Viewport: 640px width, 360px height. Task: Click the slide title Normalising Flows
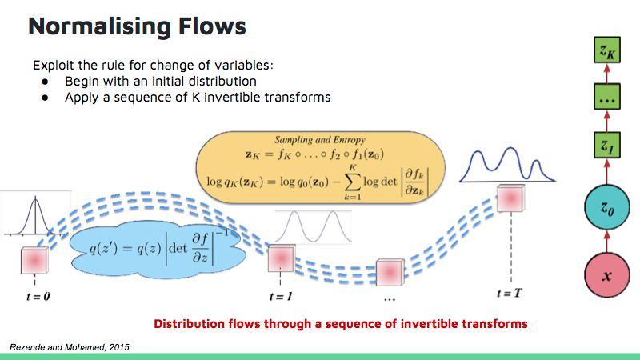137,26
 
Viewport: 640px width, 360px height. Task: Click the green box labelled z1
606,146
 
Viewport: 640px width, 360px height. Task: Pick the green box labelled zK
606,52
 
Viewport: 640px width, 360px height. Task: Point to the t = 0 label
36,294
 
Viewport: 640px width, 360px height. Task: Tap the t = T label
510,294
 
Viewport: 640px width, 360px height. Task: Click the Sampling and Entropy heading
320,138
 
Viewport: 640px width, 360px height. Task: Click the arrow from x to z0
606,243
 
